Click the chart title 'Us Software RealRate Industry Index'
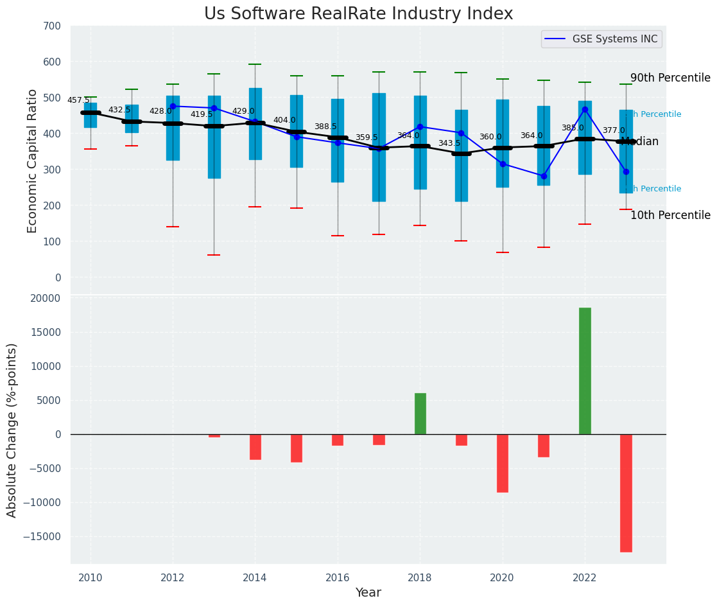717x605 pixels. pos(358,14)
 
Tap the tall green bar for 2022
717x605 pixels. pos(585,371)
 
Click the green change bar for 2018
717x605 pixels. pos(420,414)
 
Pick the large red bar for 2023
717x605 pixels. pos(626,493)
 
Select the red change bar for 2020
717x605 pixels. pos(503,463)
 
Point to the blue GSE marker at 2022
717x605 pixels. pos(585,109)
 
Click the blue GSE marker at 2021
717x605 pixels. pos(544,176)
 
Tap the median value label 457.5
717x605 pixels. pos(78,100)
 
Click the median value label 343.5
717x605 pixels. pos(449,143)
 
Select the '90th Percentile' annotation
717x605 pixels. pos(670,78)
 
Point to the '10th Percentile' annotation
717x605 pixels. pos(670,216)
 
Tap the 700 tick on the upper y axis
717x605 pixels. pos(53,26)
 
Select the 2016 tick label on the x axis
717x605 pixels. pos(338,578)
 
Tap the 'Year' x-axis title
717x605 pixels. pos(368,593)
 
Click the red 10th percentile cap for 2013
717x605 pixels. pos(214,255)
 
